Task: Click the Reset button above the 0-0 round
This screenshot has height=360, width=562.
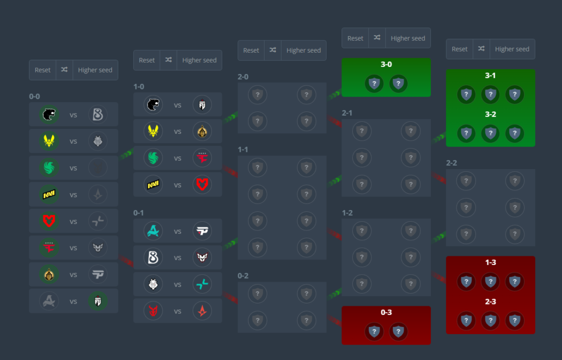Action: click(x=42, y=70)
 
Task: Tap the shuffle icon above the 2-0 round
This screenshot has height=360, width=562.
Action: click(x=273, y=50)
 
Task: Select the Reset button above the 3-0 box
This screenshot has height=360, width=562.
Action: click(x=355, y=38)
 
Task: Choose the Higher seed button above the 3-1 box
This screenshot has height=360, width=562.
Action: click(x=512, y=49)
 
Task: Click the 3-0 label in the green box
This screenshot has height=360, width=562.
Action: click(x=386, y=65)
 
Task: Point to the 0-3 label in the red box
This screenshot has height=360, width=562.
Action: click(x=386, y=313)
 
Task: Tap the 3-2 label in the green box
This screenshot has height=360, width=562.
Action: click(x=490, y=115)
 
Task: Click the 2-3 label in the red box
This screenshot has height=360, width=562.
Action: click(x=490, y=302)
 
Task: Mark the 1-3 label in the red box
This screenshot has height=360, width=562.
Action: click(x=490, y=263)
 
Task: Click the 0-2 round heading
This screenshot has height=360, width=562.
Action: click(x=243, y=275)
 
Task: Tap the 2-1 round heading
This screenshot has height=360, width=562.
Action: click(x=347, y=113)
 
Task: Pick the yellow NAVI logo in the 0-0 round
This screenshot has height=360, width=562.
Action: click(x=49, y=194)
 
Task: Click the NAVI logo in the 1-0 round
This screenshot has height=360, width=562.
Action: click(x=153, y=185)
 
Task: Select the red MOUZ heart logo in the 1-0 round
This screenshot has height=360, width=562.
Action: click(x=202, y=185)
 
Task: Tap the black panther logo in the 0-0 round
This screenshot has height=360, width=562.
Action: click(x=49, y=115)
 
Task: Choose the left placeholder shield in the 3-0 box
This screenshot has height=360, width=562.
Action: click(x=374, y=83)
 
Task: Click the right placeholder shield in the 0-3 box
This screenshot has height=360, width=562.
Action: click(x=398, y=331)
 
